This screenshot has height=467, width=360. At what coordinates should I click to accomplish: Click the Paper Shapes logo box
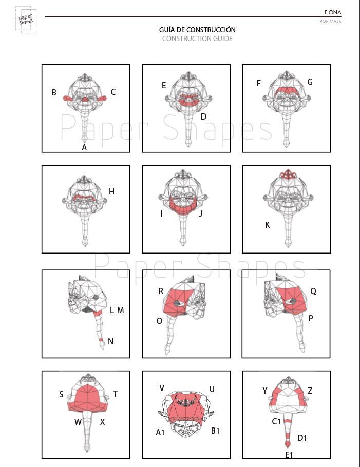tap(26, 20)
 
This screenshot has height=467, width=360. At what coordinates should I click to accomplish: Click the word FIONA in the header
tap(333, 12)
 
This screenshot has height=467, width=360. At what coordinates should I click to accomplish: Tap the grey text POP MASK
tap(331, 21)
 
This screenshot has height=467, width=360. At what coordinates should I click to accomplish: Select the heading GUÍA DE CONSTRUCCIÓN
tap(197, 29)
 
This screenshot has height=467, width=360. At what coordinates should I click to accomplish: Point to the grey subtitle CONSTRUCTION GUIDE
tap(197, 38)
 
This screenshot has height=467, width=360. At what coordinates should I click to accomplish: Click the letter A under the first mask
tap(84, 147)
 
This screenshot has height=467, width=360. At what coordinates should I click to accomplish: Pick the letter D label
tap(203, 116)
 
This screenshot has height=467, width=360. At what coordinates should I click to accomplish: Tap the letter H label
tap(112, 191)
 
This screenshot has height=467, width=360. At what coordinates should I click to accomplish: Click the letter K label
tap(268, 225)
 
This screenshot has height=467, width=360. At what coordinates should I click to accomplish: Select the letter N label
tap(110, 341)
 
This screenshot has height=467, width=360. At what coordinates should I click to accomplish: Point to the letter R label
tap(161, 291)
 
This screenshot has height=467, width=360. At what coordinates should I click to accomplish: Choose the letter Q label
tap(313, 291)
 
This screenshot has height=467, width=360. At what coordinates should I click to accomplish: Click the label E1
tap(289, 455)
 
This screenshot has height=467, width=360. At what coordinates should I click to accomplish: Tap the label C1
tap(276, 421)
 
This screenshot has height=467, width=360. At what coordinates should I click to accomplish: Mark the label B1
tap(215, 431)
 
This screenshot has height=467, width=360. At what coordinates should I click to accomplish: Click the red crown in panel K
tap(287, 174)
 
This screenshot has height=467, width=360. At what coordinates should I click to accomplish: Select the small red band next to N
tap(101, 340)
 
